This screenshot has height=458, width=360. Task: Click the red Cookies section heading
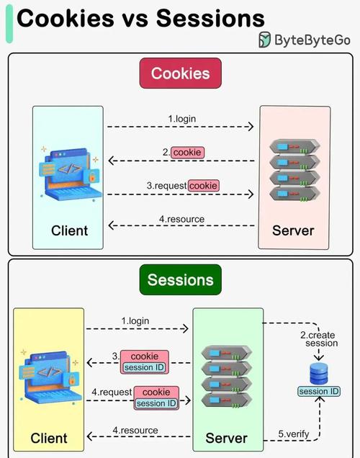click(180, 73)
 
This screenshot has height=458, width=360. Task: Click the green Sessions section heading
click(180, 279)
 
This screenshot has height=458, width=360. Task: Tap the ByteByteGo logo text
click(312, 40)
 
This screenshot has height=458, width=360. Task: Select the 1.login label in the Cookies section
click(182, 118)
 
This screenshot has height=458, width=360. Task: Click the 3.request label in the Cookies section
click(167, 186)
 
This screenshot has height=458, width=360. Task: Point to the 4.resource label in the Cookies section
click(181, 219)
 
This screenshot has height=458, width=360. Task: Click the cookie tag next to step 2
click(187, 153)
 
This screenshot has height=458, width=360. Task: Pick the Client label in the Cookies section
click(69, 230)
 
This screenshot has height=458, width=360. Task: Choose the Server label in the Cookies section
click(294, 230)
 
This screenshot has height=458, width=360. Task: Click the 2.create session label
click(320, 338)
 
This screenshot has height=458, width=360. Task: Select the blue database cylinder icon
click(319, 373)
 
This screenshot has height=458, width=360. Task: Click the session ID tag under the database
click(319, 391)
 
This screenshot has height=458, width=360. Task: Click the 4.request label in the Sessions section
click(112, 392)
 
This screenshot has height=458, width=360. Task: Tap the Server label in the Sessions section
click(227, 438)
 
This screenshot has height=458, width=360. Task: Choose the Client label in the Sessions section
click(49, 438)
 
